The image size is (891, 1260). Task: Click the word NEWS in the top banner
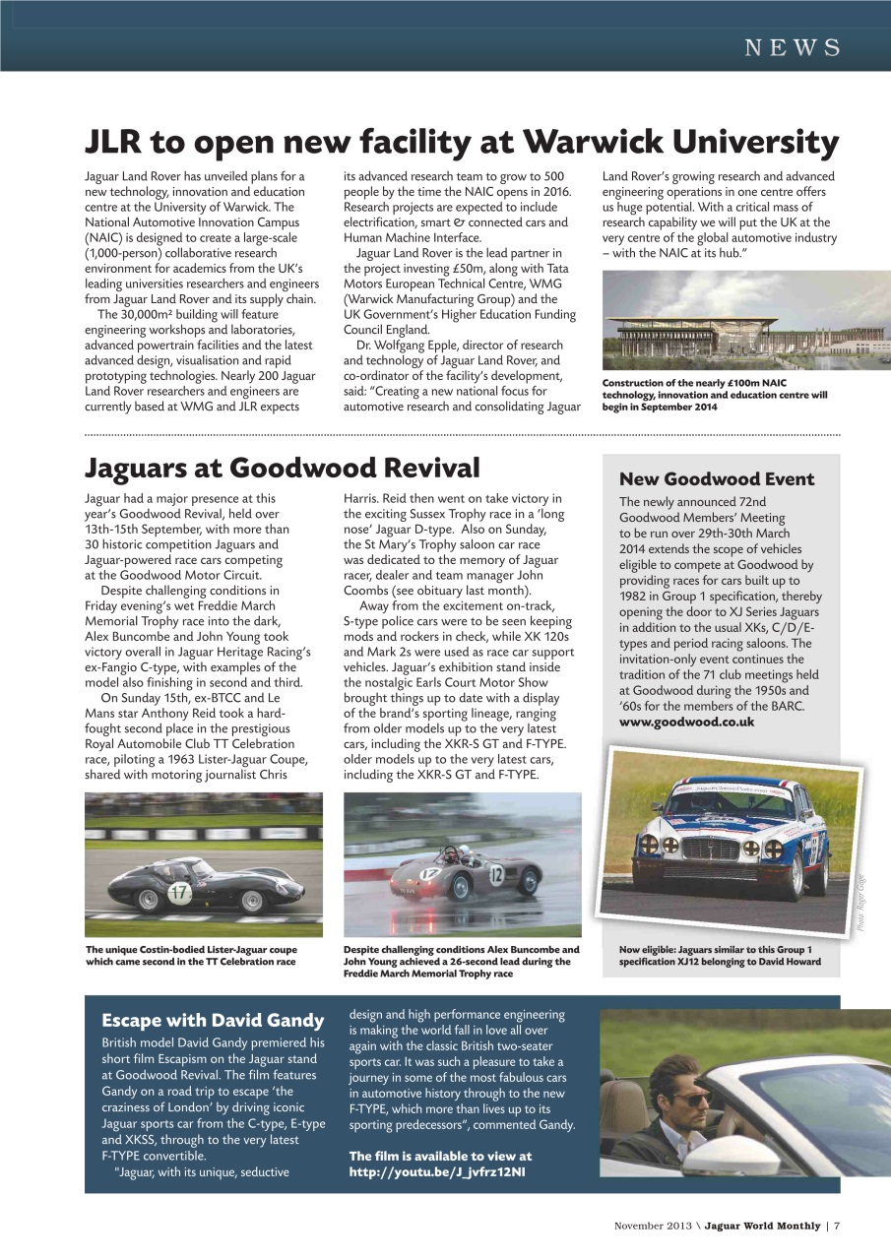tap(792, 47)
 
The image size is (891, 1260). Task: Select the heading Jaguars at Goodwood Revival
tap(282, 468)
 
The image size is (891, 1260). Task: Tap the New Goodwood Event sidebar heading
tap(716, 479)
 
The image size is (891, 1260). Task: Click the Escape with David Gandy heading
tap(213, 1020)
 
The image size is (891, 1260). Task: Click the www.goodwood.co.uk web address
tap(686, 722)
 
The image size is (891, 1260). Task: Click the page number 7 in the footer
tap(836, 1226)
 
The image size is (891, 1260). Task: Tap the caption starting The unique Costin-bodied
tap(190, 955)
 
